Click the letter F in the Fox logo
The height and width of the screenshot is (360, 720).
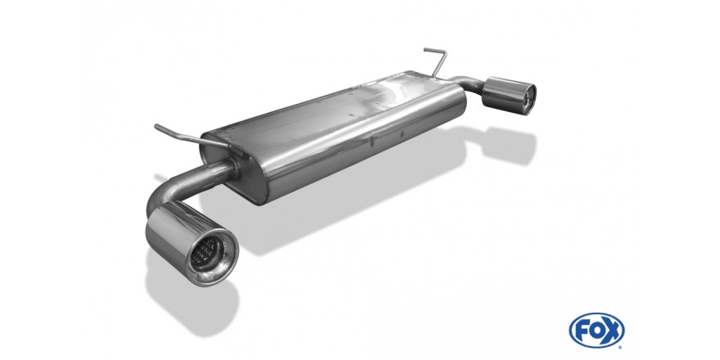(x=580, y=331)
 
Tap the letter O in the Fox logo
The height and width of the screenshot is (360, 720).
(x=596, y=331)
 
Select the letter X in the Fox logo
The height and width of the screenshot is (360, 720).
(x=613, y=331)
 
